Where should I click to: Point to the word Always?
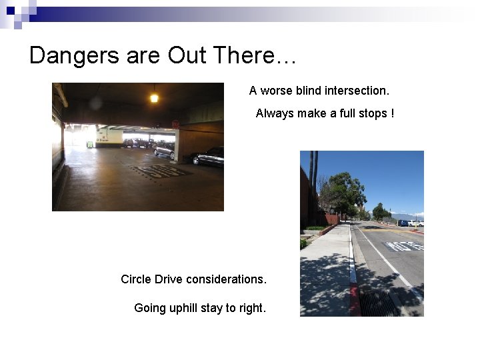coord(275,113)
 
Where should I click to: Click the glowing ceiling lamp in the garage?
coord(154,98)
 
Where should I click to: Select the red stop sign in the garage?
coord(175,124)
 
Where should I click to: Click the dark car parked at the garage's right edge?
coord(208,157)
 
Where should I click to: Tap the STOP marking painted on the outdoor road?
coord(404,246)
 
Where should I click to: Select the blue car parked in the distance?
coord(403,223)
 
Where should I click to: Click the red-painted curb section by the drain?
coord(355,300)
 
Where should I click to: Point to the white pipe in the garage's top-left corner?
coord(61,95)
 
